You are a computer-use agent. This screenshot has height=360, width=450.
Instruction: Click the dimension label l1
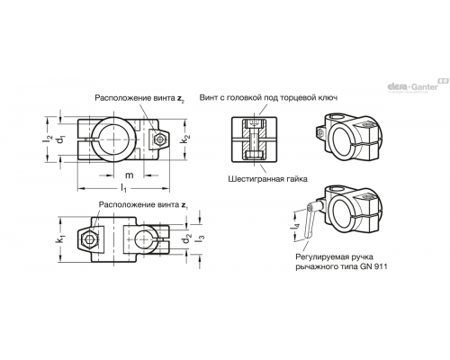coord(123,188)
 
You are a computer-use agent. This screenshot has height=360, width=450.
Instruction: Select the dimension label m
coord(129,175)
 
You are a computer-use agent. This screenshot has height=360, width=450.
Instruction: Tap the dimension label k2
coord(186,139)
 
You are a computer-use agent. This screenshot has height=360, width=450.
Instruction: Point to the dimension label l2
coord(48,139)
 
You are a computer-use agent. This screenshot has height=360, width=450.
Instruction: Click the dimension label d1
coord(61,139)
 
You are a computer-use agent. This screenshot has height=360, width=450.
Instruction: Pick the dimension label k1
coord(62,239)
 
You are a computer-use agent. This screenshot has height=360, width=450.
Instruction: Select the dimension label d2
coord(187,238)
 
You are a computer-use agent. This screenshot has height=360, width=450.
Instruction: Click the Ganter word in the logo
coord(424,87)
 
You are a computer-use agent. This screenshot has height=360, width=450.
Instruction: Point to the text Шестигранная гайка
coord(267,179)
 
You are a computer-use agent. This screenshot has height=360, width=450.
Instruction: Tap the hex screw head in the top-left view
coord(159,139)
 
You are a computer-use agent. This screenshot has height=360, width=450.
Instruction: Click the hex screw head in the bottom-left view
coord(88,239)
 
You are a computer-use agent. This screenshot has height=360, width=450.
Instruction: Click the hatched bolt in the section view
coord(255,139)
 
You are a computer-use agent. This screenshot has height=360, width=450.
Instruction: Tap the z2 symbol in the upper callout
coord(180,98)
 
